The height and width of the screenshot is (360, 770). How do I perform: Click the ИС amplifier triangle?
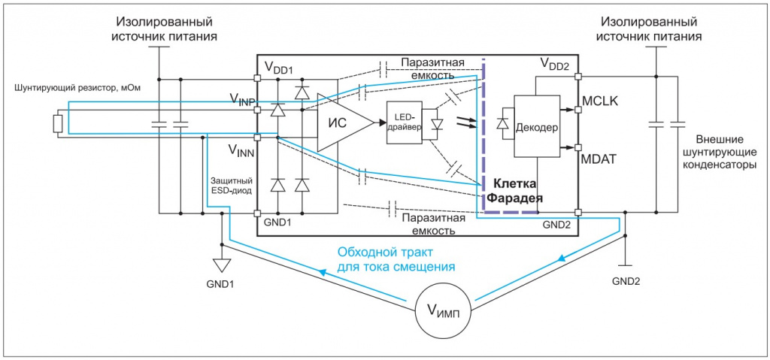[341, 123]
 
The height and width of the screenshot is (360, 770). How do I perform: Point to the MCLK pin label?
[599, 101]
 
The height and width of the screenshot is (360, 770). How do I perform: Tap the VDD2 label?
[555, 65]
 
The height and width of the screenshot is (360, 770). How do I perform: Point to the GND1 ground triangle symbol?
[222, 265]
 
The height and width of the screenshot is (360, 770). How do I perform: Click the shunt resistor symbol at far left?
[57, 123]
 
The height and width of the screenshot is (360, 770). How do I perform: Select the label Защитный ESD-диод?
[230, 185]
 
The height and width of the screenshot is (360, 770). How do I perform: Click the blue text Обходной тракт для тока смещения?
[386, 259]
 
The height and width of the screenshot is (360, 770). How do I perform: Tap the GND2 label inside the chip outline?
[557, 223]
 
